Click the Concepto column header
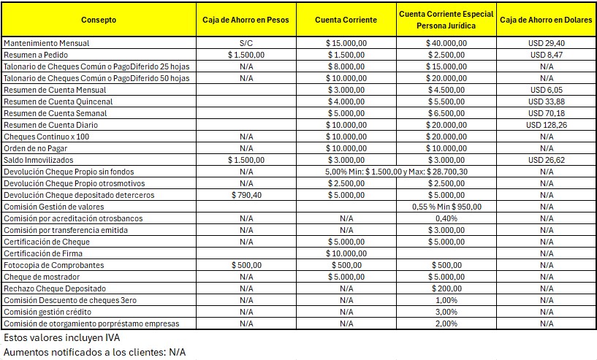99,20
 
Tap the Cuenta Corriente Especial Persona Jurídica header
446,20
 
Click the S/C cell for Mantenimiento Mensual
246,43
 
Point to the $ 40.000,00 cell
446,43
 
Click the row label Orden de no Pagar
37,148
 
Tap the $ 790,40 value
246,195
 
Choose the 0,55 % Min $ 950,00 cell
446,207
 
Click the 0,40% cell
446,218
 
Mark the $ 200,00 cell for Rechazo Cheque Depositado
446,288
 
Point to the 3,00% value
446,312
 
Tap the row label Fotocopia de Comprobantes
53,265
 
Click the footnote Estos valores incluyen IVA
61,338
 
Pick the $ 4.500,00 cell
446,90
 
